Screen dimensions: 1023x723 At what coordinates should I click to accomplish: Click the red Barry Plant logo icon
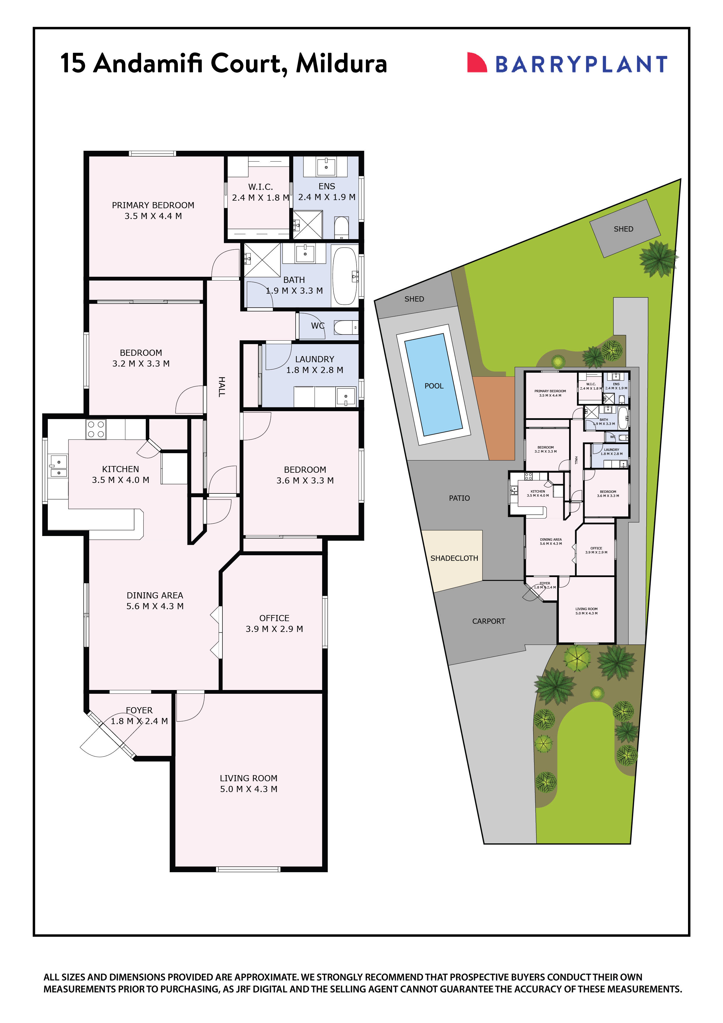(476, 62)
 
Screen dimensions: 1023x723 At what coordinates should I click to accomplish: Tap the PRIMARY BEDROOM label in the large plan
(153, 205)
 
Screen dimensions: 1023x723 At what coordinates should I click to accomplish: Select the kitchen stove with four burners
(96, 429)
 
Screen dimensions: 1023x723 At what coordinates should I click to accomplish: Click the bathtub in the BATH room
(345, 276)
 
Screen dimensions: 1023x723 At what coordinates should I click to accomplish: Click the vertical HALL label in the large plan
(221, 386)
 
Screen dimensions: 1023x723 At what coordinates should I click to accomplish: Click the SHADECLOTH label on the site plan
(454, 558)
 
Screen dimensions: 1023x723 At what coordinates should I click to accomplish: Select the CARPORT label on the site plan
(488, 621)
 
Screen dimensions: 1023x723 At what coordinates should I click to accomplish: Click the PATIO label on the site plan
(459, 498)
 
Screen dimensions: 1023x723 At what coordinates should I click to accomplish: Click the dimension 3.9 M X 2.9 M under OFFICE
(274, 629)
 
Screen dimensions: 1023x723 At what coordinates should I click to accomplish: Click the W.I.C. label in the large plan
(261, 187)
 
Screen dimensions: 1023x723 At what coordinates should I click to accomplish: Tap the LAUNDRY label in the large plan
(315, 359)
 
